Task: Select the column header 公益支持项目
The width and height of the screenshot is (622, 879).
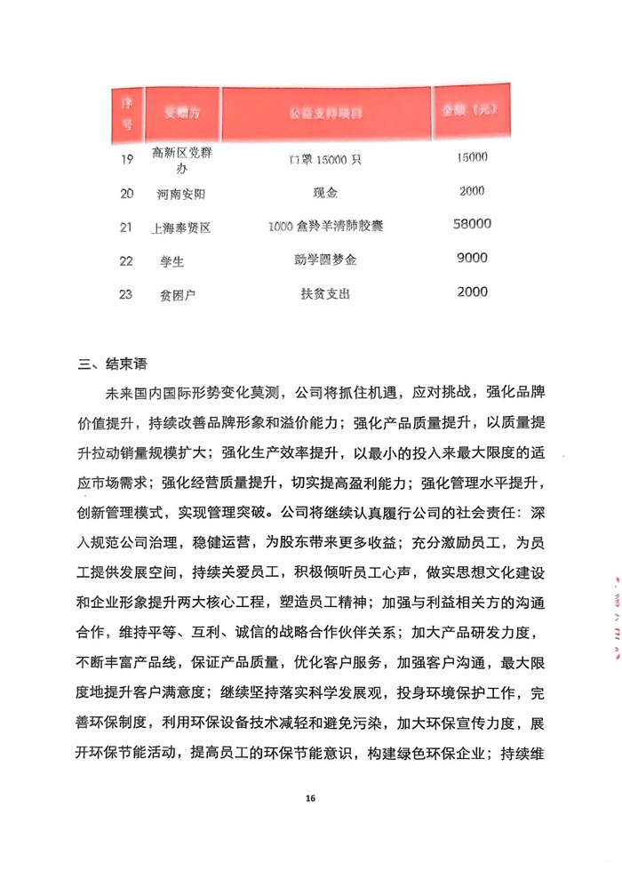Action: [x=326, y=115]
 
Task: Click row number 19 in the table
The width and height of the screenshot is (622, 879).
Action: [x=126, y=159]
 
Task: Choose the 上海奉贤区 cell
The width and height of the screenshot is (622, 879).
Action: [x=182, y=228]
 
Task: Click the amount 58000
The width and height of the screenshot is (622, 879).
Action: [x=472, y=225]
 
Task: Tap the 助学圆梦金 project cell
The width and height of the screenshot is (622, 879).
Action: [x=326, y=260]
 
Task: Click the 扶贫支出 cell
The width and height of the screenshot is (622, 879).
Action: [x=326, y=292]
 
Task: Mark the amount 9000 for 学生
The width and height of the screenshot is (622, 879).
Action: [x=472, y=259]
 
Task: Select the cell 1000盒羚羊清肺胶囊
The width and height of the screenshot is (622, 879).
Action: [x=326, y=227]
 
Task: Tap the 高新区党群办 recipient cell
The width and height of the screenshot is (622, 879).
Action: [x=182, y=161]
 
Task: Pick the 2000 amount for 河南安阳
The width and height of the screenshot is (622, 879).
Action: [x=472, y=191]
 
